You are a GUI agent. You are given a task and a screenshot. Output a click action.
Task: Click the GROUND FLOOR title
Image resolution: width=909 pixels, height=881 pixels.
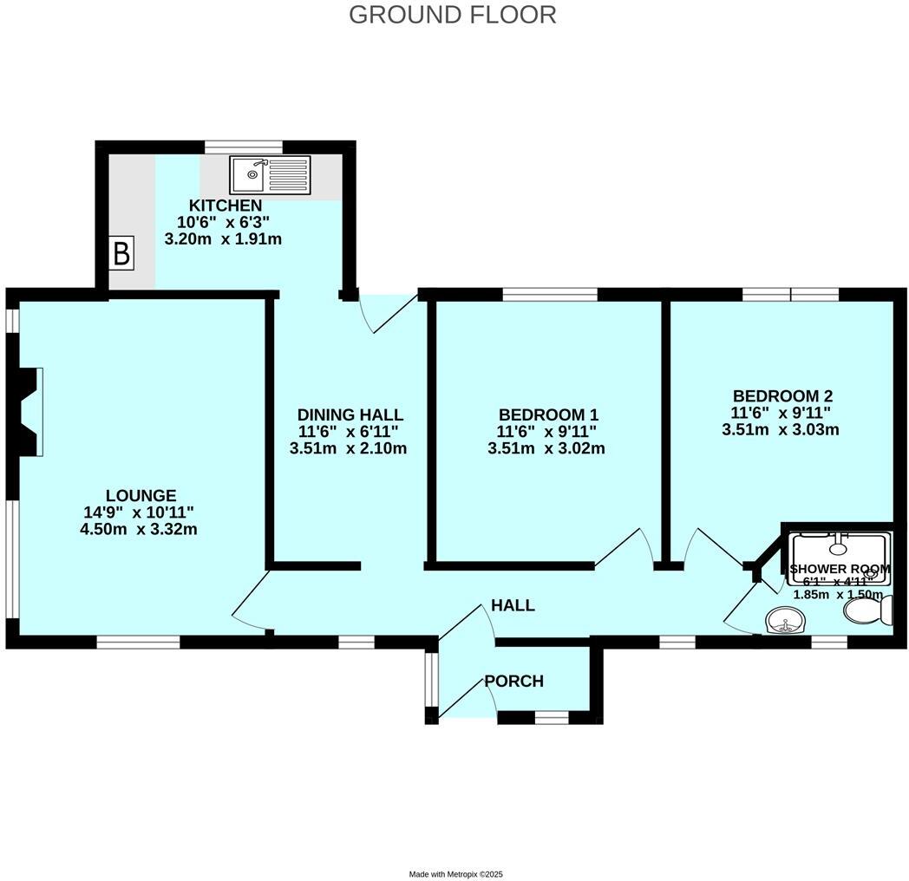coord(453,15)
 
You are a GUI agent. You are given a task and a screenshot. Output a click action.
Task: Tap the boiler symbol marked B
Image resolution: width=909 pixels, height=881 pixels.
coord(122,254)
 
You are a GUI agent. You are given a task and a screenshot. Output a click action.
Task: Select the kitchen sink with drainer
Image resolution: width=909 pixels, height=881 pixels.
coord(270,174)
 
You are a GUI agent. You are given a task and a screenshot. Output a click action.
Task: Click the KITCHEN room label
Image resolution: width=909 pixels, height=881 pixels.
coord(226,206)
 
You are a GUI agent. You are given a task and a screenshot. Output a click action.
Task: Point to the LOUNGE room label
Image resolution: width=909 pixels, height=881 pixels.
coord(142,495)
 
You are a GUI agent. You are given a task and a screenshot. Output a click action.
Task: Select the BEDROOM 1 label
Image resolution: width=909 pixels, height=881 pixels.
coord(547,414)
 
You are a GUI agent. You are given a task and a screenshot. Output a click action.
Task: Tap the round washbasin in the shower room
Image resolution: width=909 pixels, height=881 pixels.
coord(787,620)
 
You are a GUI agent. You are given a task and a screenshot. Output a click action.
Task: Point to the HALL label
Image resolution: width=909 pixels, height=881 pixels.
coord(513,605)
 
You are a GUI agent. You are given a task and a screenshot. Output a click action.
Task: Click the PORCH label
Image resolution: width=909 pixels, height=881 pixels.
coord(513,682)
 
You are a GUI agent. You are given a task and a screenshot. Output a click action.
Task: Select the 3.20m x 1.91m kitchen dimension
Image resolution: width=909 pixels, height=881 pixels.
coord(224,238)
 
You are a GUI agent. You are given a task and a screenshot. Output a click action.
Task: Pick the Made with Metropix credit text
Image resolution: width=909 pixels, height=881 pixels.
coord(454,874)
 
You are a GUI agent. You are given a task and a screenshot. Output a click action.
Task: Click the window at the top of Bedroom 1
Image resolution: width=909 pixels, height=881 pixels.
coord(550,295)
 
